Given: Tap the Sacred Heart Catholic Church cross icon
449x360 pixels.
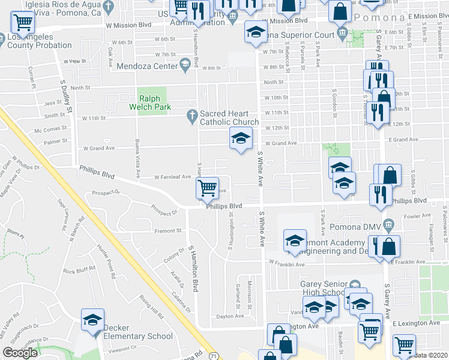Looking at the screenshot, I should point(192,114).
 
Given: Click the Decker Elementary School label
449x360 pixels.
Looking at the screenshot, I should point(138,332).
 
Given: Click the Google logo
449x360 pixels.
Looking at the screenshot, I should point(20,353).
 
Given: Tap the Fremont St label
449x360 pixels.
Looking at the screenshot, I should point(169,230).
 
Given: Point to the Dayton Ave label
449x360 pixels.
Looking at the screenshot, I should point(231,316).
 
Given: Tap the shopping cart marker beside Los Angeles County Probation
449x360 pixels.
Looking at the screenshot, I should point(23,23).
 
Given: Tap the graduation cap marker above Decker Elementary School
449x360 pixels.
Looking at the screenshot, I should point(93,319).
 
